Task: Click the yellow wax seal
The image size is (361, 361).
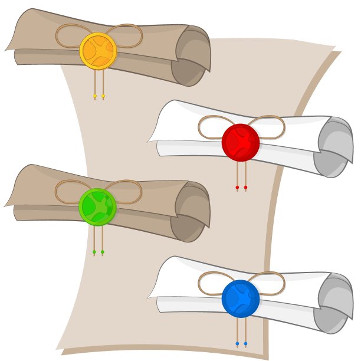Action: (x=98, y=51)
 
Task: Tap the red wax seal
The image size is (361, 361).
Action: (x=240, y=142)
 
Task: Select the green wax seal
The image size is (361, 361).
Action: (x=97, y=206)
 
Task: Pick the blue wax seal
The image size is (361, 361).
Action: (x=240, y=298)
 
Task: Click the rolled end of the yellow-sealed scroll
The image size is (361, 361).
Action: (x=191, y=56)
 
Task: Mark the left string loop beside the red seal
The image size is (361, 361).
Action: (x=212, y=127)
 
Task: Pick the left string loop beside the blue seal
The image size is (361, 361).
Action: (x=212, y=283)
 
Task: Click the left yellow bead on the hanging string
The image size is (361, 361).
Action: (x=94, y=96)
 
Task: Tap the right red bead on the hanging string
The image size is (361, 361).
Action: (x=245, y=188)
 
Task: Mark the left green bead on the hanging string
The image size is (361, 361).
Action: (x=94, y=252)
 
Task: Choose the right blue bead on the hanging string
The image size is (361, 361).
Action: (x=245, y=343)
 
